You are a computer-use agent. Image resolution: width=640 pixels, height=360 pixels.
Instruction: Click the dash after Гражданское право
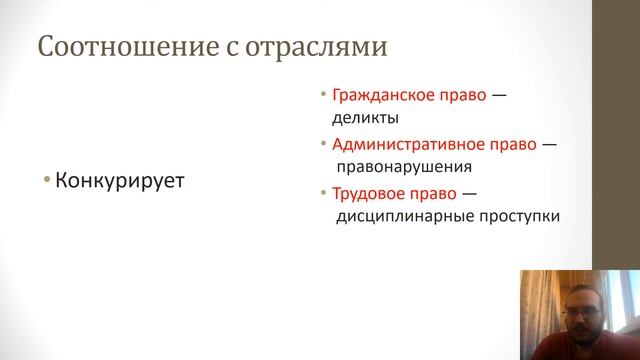[x=500, y=96]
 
